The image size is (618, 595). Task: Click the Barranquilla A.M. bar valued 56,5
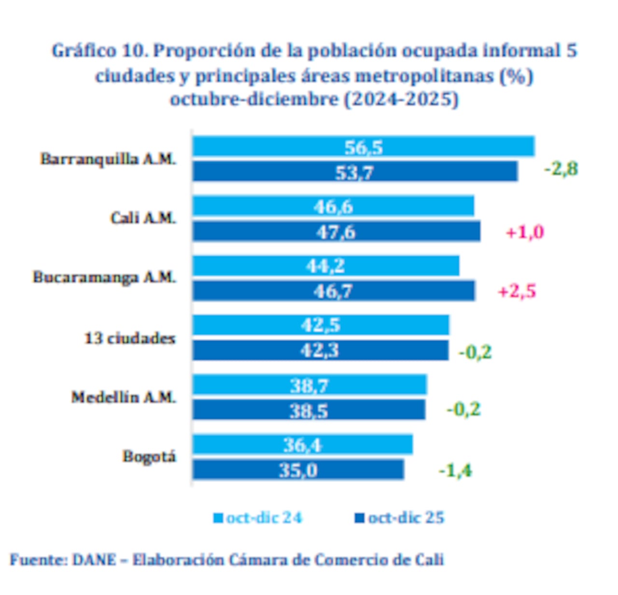[x=363, y=147]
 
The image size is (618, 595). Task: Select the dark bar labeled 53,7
[x=355, y=172]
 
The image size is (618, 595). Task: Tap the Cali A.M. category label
[x=143, y=218]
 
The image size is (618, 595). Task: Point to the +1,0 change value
[x=524, y=232]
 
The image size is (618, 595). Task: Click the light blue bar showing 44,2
[x=326, y=266]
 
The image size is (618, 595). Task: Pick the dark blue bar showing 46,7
[x=333, y=291]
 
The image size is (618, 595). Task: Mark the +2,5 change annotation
[x=517, y=292]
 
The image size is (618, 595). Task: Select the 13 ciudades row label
[x=129, y=338]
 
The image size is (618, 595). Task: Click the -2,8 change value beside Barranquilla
[x=561, y=169]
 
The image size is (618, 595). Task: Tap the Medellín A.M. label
[x=124, y=397]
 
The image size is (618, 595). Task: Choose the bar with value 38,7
[x=309, y=385]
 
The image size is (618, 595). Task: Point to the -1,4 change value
[x=455, y=470]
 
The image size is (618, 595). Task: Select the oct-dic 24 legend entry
[x=258, y=518]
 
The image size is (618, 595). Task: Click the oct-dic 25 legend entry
[x=400, y=518]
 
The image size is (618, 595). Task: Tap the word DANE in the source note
[x=94, y=560]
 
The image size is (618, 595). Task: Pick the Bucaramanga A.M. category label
[x=104, y=278]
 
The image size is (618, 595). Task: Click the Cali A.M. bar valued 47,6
[x=336, y=232]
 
